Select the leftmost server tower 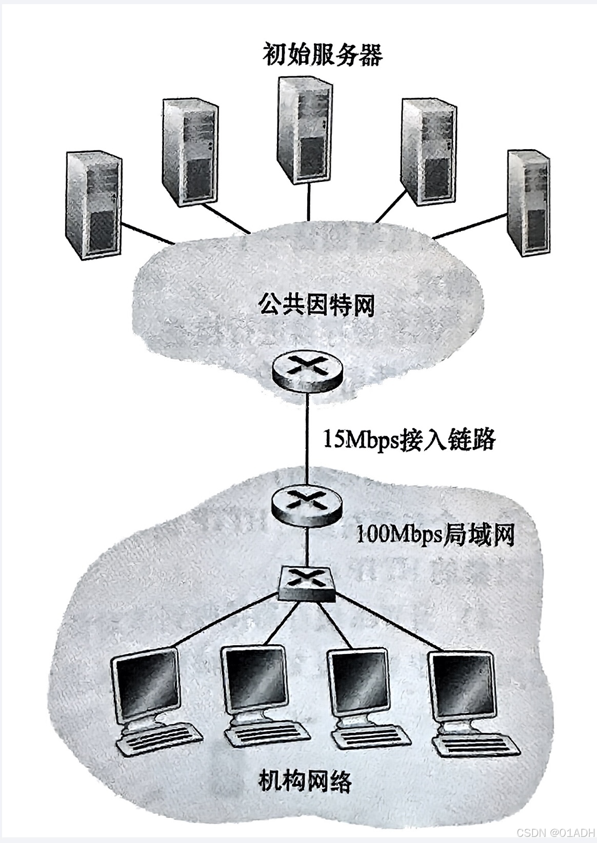[93, 205]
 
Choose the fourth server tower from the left [427, 151]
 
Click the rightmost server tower [528, 202]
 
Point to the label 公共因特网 [316, 306]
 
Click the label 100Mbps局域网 [435, 535]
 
